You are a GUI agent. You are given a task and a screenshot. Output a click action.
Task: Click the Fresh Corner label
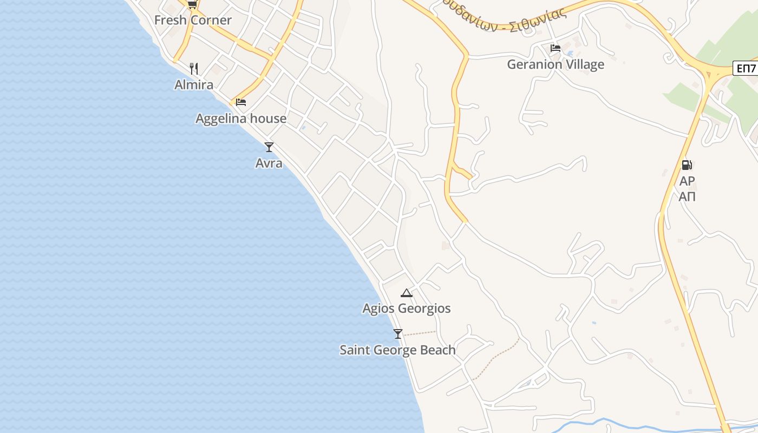(193, 21)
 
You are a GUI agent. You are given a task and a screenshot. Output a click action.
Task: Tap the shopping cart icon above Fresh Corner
(192, 5)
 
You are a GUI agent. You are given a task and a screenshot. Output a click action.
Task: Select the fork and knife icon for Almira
(194, 69)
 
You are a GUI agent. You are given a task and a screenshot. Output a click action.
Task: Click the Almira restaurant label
(194, 85)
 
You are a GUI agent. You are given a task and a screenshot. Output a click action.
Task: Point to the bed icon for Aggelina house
(241, 102)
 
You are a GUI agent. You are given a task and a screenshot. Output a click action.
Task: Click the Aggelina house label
(241, 119)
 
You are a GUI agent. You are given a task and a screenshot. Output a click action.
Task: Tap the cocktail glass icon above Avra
(269, 147)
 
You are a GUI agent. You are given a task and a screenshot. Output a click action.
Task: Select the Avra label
(269, 163)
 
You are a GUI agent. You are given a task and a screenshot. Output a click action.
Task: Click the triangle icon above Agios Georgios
(406, 293)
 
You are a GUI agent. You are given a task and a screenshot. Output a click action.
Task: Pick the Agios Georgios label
(406, 309)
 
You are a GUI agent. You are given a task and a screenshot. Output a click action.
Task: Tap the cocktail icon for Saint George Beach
(398, 334)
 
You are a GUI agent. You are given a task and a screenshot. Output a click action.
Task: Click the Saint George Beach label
(397, 350)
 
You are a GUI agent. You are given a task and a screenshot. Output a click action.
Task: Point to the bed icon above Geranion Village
(555, 48)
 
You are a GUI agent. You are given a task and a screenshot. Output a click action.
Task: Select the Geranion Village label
(556, 64)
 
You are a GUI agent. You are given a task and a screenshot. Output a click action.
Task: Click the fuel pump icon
(687, 165)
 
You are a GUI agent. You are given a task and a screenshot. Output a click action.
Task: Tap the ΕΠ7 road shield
(746, 69)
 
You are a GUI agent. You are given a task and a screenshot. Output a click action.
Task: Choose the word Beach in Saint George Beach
(438, 350)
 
